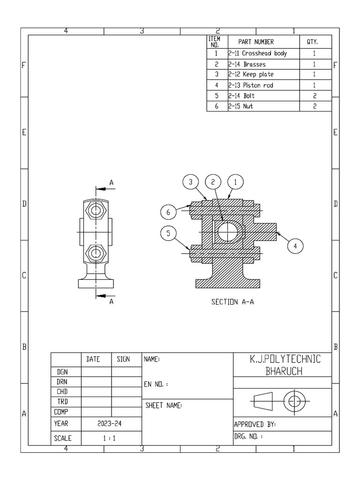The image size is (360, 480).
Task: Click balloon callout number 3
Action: point(191,182)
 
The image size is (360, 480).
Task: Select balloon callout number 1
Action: point(236,182)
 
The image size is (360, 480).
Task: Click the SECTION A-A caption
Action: point(232,302)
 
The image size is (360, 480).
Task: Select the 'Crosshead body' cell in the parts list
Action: point(258,53)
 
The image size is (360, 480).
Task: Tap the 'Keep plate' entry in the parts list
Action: point(251,75)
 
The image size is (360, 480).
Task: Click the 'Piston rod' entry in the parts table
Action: point(251,85)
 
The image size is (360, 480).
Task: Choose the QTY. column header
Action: point(313,42)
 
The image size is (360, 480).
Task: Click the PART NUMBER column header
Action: point(256,42)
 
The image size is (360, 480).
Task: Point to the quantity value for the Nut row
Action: point(314,106)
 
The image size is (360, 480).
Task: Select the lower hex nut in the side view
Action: point(96,254)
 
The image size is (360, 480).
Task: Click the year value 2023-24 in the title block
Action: point(111,423)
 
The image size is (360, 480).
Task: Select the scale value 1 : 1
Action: point(111,439)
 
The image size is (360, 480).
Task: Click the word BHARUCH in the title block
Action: point(284,372)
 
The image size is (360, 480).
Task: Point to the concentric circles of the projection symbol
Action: point(294,401)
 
